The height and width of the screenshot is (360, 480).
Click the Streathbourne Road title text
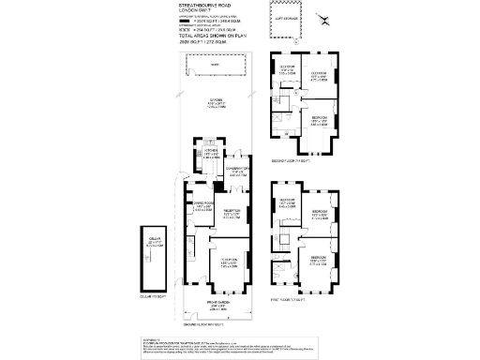(203, 6)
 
